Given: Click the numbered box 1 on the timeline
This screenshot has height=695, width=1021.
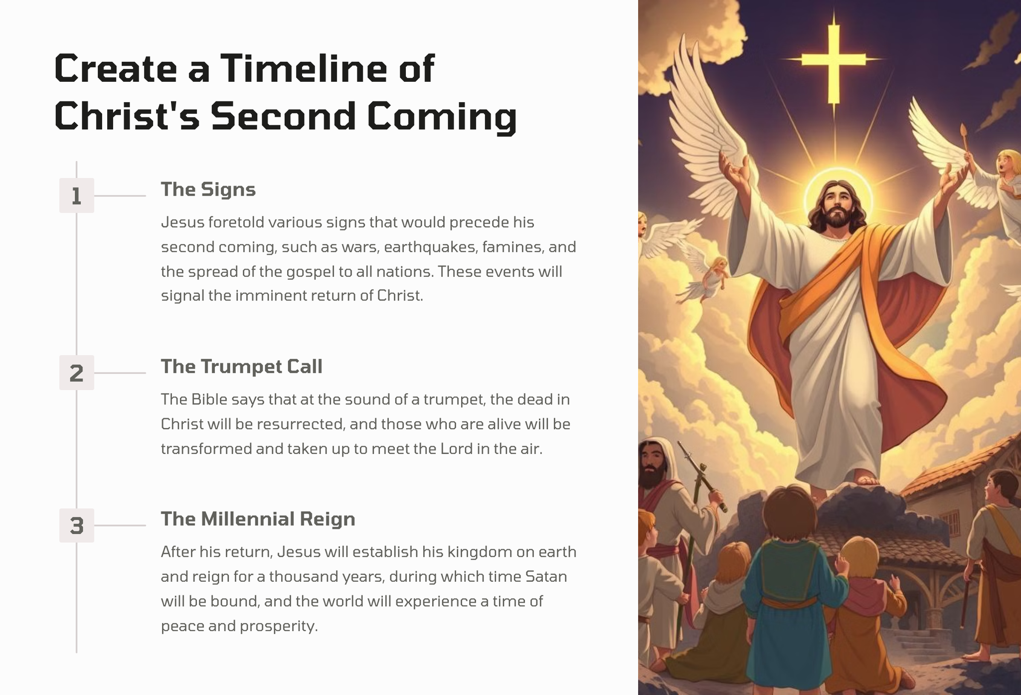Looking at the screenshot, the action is click(76, 196).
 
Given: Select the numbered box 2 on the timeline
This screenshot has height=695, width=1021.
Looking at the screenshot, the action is click(76, 373).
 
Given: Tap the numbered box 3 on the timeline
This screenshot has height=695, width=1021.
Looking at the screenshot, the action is click(76, 525).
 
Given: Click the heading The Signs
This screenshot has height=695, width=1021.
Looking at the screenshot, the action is click(208, 190).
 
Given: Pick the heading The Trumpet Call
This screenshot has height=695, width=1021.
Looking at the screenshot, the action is click(241, 367).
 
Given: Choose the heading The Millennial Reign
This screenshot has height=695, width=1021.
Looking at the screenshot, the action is click(258, 519).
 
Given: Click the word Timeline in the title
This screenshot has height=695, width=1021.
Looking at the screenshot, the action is click(303, 68).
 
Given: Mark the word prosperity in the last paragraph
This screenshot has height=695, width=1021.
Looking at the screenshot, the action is click(278, 627).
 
